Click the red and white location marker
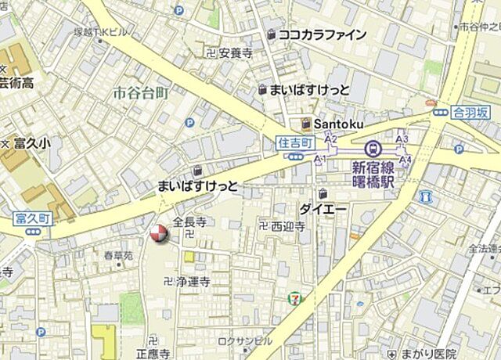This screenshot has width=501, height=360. click(158, 233)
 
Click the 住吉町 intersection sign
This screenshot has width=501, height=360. click(295, 142)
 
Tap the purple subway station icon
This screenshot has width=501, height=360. click(373, 147)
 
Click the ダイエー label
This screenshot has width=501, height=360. click(323, 209)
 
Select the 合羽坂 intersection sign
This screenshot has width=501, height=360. click(471, 112)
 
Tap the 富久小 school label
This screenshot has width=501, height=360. click(32, 143)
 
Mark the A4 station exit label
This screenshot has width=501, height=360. click(405, 160)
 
